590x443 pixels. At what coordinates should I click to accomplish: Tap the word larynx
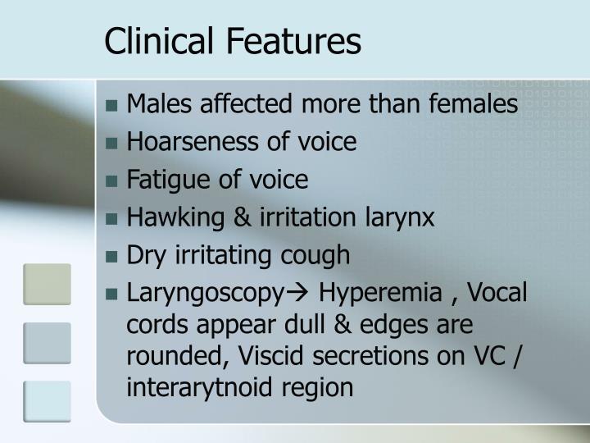402,217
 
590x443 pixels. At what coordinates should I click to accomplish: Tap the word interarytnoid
197,386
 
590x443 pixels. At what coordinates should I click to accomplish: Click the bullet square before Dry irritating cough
114,257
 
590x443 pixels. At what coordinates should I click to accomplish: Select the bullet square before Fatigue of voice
114,181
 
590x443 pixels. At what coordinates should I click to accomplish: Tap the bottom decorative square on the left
47,403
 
